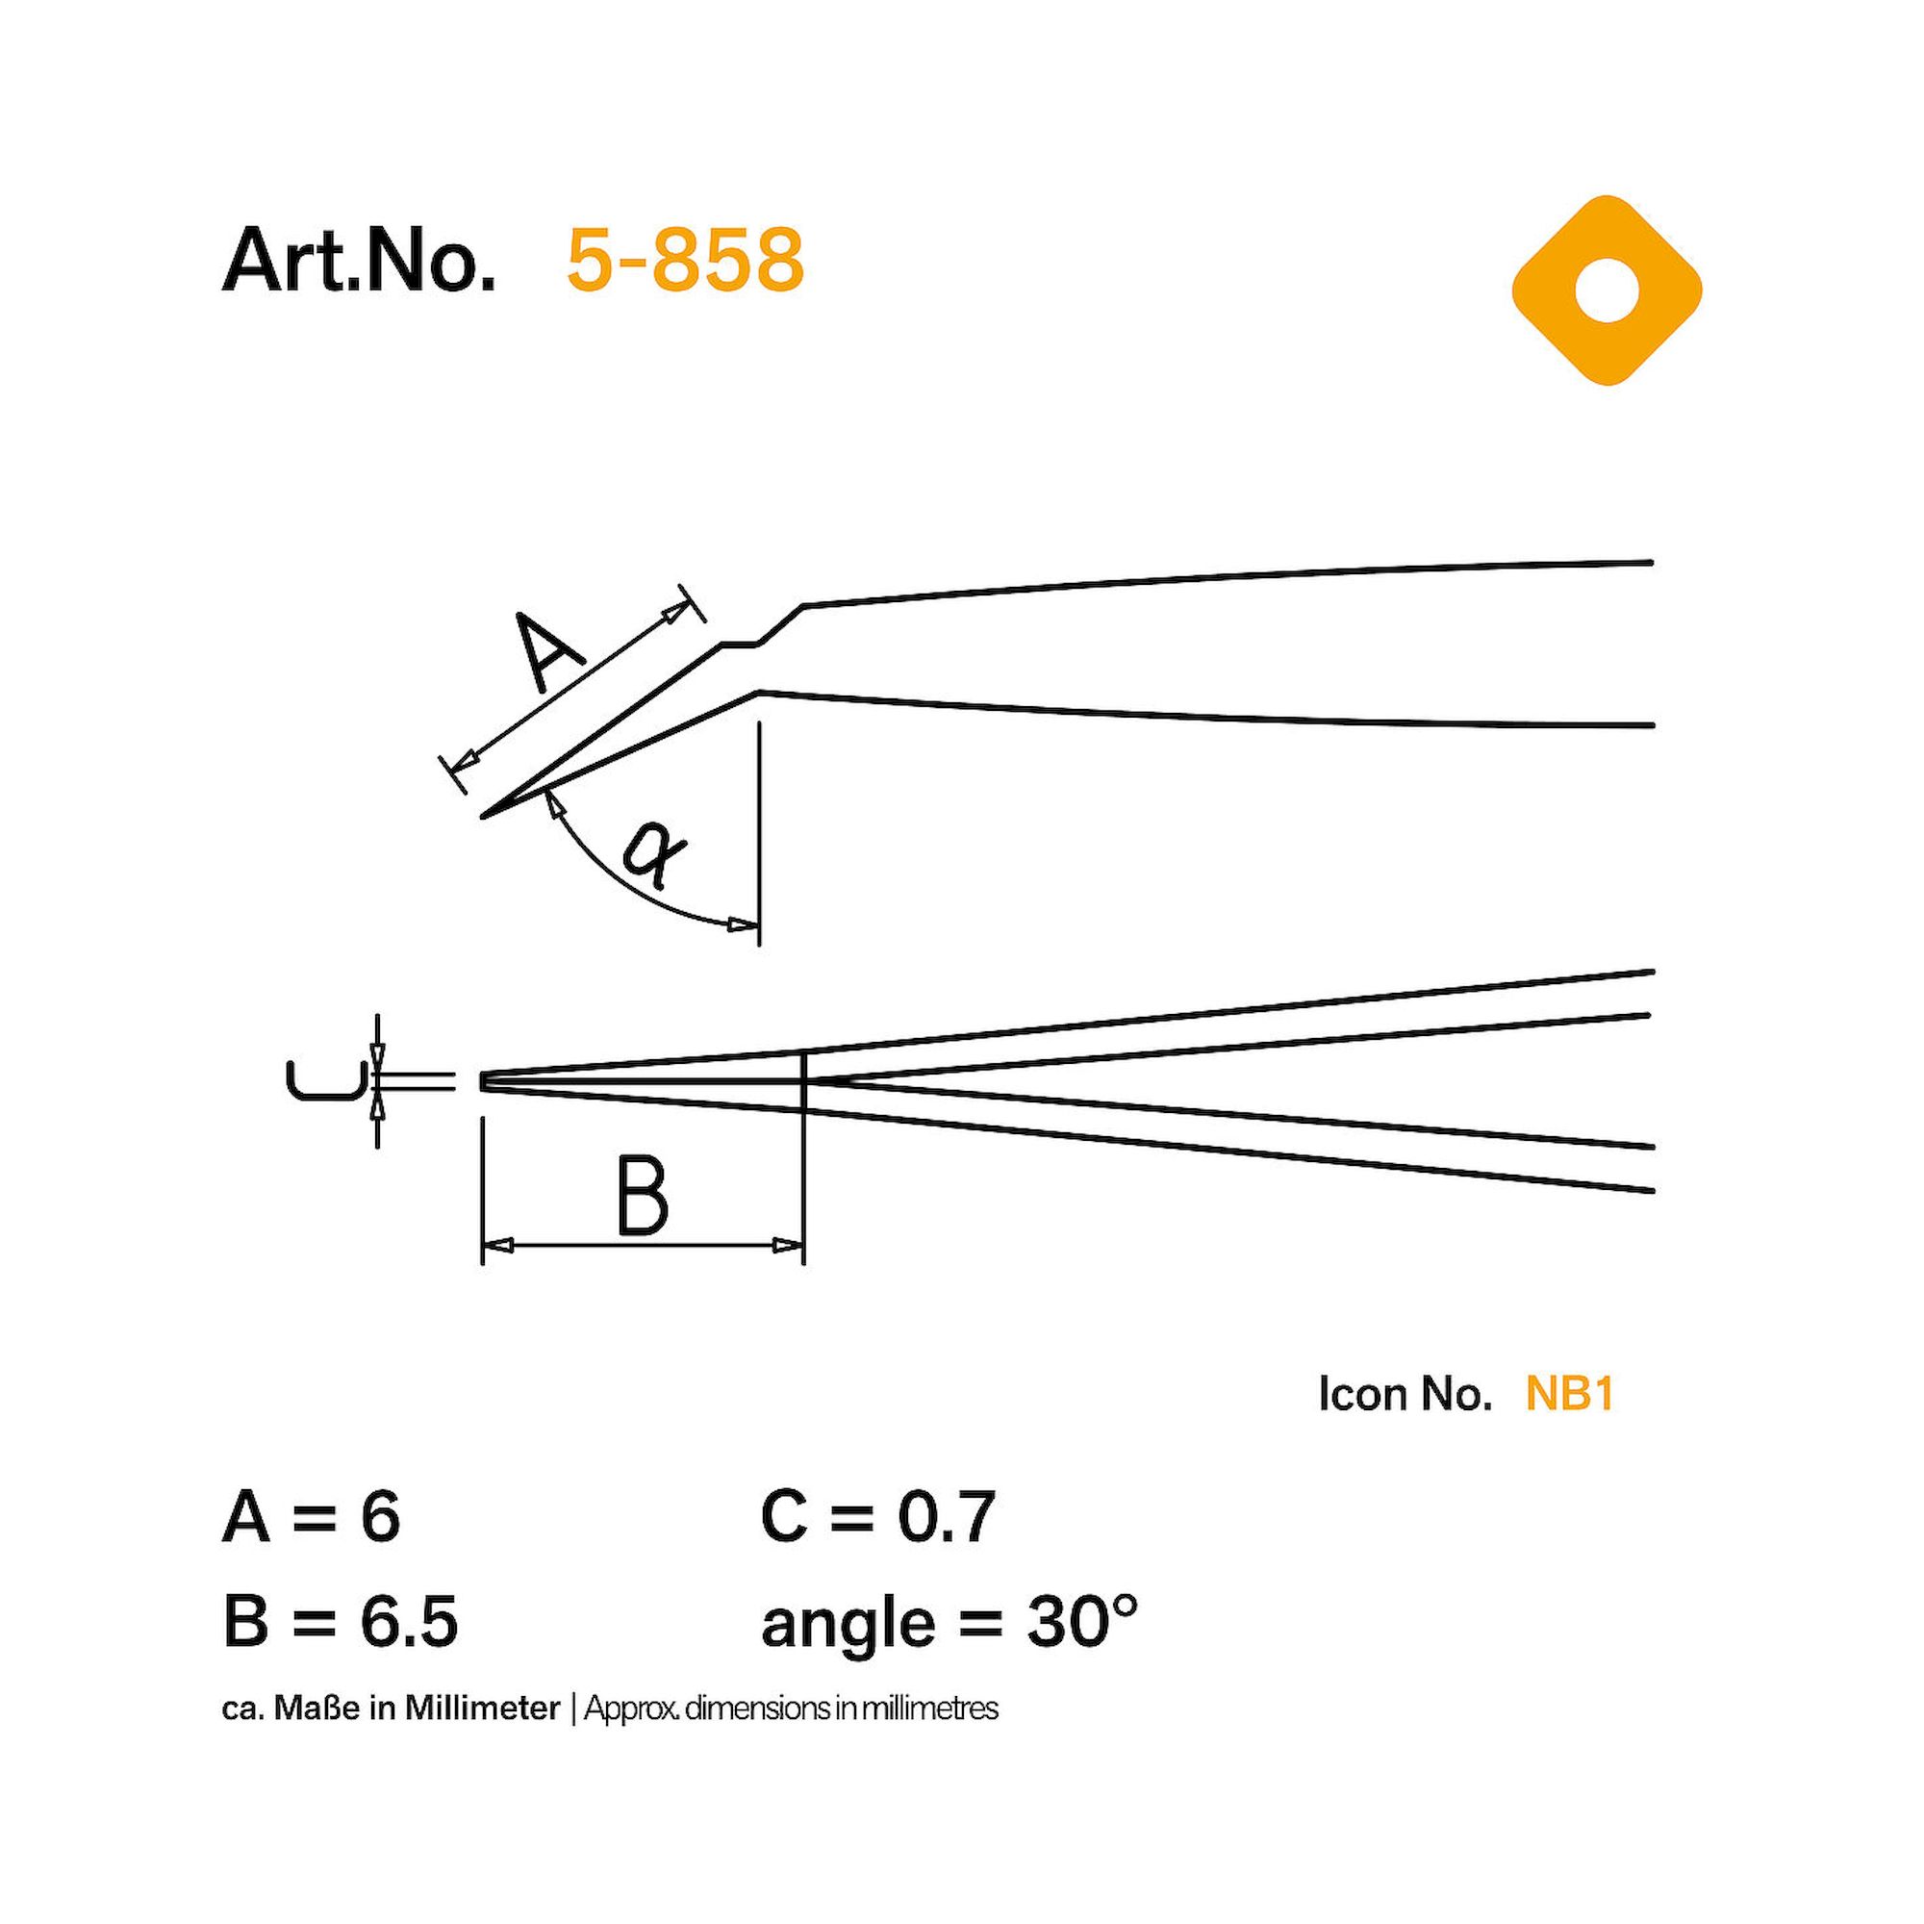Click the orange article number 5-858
click(684, 260)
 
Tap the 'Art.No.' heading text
click(359, 260)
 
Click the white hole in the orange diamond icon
click(1607, 290)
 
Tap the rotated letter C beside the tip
click(321, 1081)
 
